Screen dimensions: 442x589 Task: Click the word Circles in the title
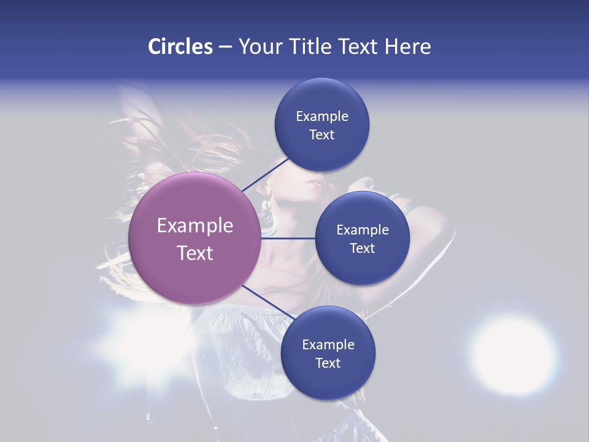click(x=180, y=47)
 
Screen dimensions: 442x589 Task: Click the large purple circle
click(x=194, y=238)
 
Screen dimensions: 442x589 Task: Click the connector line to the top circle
click(x=265, y=174)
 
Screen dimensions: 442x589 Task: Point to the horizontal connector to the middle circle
click(x=288, y=238)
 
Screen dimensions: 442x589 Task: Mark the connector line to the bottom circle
click(x=264, y=301)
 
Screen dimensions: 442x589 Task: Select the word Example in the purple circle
click(x=194, y=226)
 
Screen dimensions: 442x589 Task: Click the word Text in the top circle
click(x=321, y=135)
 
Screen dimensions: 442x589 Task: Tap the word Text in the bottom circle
click(x=328, y=363)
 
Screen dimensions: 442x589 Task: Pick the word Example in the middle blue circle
click(x=362, y=230)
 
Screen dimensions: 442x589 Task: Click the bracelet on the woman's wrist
click(x=405, y=206)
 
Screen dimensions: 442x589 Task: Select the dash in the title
click(x=225, y=47)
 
